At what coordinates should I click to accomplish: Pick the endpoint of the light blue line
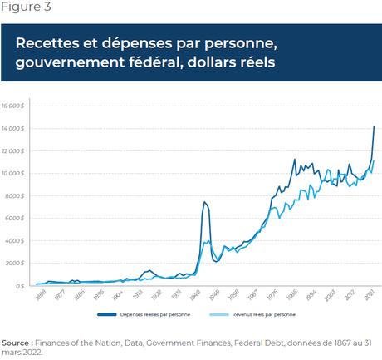[x=375, y=160]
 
